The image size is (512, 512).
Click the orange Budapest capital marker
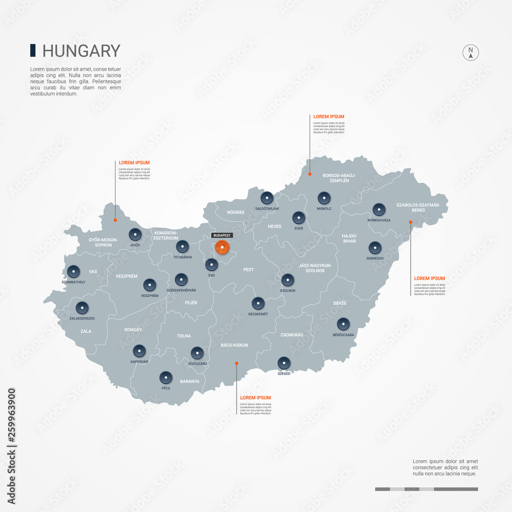[222, 247]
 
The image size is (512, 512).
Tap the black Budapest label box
[222, 236]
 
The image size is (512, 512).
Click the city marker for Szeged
[284, 363]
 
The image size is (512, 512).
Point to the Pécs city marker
[165, 377]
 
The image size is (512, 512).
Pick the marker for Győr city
[135, 234]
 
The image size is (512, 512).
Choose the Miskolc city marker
[324, 198]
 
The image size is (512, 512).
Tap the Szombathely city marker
[74, 271]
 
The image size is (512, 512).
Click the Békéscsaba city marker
[343, 324]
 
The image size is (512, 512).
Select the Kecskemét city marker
[258, 303]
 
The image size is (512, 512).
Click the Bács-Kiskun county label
[234, 345]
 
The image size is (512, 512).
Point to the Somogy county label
[133, 330]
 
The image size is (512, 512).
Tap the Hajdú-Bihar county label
[349, 238]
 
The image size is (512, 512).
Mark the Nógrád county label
[236, 212]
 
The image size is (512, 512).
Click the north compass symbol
[471, 53]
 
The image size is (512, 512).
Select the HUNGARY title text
[81, 51]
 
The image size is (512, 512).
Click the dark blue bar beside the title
[33, 50]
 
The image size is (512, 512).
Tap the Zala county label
[86, 331]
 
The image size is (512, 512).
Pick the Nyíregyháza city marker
[379, 209]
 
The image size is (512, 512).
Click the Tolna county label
[184, 336]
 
